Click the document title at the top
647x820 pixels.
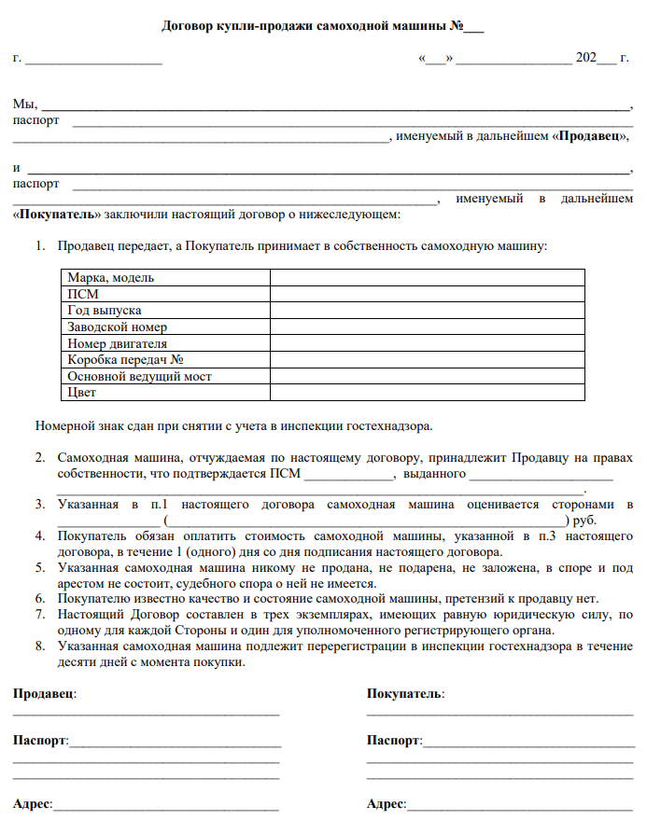coord(323,25)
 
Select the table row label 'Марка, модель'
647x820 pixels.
coord(111,277)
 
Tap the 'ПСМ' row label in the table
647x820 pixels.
coord(83,294)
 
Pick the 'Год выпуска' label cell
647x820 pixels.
coord(105,310)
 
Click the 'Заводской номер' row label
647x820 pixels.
coord(118,327)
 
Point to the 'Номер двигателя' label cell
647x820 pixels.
coord(118,343)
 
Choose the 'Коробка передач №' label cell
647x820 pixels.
coord(123,359)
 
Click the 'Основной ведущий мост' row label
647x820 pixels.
coord(139,376)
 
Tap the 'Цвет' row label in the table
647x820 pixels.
coord(82,393)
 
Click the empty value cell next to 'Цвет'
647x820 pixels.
coord(427,393)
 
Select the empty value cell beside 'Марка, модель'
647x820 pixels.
coord(427,277)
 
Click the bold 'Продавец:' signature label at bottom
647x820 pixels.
coord(45,694)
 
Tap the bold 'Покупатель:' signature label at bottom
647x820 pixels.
coord(405,694)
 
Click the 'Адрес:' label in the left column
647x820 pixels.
coord(33,803)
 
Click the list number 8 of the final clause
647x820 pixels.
coord(40,646)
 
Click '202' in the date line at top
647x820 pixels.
coord(586,58)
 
